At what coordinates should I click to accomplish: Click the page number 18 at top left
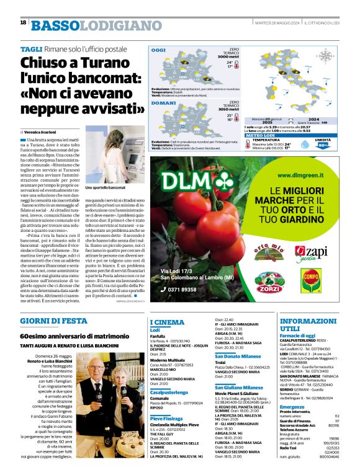click(23, 23)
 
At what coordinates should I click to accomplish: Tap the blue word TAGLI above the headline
click(31, 48)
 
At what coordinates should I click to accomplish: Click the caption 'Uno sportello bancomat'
click(106, 187)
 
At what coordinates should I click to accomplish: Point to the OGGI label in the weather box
click(160, 50)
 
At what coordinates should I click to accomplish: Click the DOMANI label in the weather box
click(163, 103)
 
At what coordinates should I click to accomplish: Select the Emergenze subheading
click(292, 407)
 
